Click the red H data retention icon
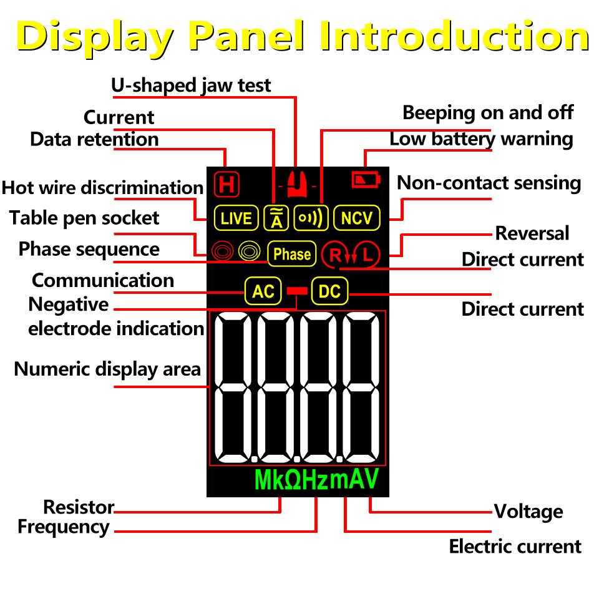(x=226, y=185)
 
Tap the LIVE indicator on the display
(x=236, y=218)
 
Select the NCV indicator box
(x=357, y=218)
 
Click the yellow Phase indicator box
(x=291, y=254)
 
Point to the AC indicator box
(x=263, y=291)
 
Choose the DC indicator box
(x=329, y=291)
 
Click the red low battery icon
(x=365, y=180)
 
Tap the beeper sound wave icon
(x=311, y=218)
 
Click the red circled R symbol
(x=336, y=254)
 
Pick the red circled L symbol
(x=369, y=254)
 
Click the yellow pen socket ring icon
(x=249, y=251)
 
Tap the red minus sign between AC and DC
(x=296, y=291)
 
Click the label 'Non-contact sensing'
(x=489, y=183)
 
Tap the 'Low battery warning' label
(x=481, y=139)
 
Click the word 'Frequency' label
(x=64, y=527)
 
